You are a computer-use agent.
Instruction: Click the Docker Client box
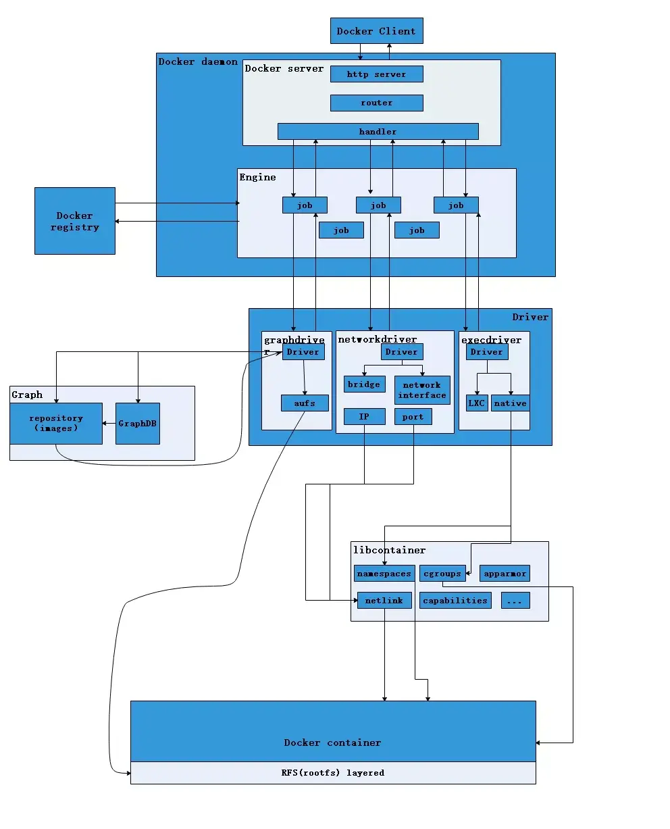coord(376,31)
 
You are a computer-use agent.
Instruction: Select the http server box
coord(376,74)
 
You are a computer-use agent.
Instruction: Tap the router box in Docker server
coord(376,103)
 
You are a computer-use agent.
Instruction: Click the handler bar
coord(378,132)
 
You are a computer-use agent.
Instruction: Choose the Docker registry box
coord(74,221)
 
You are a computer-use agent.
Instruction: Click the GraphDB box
coord(138,424)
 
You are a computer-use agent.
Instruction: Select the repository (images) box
coord(56,424)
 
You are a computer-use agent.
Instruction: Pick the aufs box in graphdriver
coord(305,403)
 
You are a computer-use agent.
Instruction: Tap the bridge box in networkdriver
coord(364,384)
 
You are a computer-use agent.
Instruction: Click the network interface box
coord(422,390)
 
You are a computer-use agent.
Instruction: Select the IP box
coord(364,417)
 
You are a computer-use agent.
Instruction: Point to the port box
coord(413,417)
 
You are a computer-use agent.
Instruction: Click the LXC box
coord(477,403)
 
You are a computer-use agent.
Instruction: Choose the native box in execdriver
coord(510,403)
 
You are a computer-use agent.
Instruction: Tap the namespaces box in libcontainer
coord(384,574)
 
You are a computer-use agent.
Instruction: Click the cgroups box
coord(442,574)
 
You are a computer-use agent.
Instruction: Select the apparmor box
coord(505,574)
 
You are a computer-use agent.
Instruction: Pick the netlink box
coord(384,600)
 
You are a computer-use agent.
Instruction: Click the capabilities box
coord(455,600)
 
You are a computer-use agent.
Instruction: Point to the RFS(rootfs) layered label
coord(332,773)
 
